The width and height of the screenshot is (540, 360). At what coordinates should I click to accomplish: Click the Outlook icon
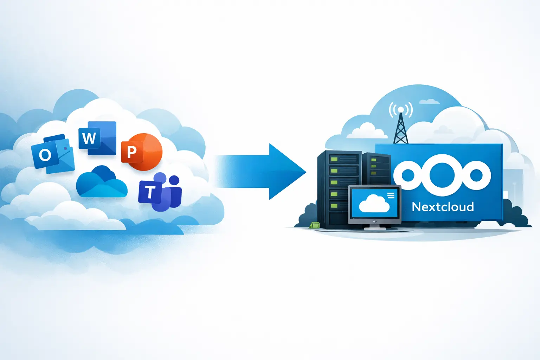53,154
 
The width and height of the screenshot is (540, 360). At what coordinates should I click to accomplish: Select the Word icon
97,138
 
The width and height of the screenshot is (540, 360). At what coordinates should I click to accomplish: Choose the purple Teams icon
160,192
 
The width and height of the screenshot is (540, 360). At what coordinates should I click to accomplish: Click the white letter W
89,138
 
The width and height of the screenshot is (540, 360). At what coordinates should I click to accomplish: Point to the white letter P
131,152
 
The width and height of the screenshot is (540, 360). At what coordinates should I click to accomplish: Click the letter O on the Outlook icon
45,154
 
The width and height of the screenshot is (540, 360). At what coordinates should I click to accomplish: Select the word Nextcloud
443,207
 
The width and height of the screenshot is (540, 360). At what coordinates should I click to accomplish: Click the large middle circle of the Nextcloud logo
442,175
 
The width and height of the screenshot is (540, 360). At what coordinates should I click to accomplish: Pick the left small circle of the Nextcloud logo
408,175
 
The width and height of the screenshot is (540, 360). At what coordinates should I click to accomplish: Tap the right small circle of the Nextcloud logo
476,175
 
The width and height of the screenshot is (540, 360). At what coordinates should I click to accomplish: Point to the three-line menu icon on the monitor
391,195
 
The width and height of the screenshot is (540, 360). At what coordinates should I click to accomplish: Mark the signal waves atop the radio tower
401,109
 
